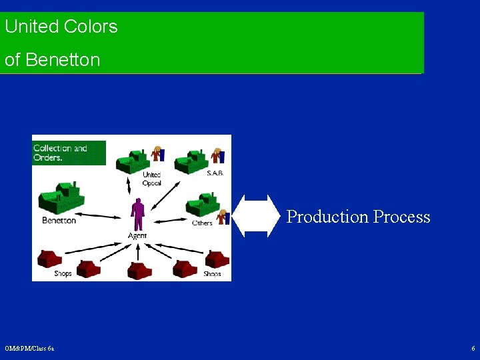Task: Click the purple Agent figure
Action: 138,214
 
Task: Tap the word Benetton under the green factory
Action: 59,221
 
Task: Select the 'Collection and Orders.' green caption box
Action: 69,153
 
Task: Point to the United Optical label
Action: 152,179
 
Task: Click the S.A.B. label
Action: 215,173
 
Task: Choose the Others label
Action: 202,223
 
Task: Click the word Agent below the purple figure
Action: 137,236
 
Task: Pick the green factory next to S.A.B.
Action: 193,161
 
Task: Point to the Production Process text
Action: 358,217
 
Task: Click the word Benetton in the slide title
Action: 63,60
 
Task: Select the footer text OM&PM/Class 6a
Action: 30,349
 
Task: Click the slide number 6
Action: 473,349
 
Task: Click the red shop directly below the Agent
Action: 139,269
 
